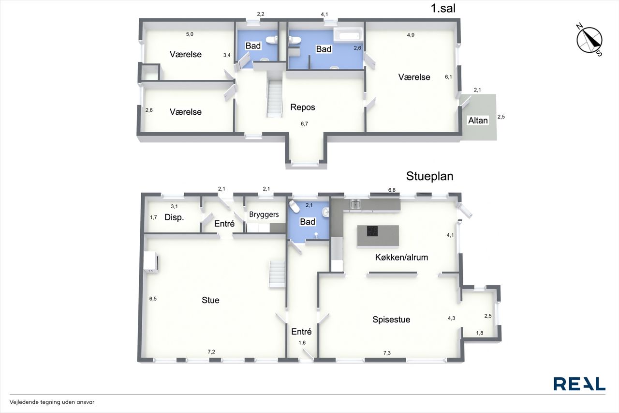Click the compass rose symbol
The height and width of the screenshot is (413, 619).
pos(589,40)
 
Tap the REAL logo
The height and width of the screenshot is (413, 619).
pos(579,384)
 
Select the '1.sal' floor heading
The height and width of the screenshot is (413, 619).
pos(443,8)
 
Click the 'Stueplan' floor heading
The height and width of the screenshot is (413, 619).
pos(430,176)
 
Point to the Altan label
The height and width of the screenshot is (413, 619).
pos(478,121)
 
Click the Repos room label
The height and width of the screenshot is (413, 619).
pos(303,107)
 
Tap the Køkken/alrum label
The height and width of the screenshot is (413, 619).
pos(401,257)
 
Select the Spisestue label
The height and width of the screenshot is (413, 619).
pos(391,320)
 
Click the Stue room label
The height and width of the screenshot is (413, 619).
pos(210,300)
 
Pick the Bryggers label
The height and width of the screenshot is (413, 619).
pos(264,214)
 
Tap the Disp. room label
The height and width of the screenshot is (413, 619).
pos(174,217)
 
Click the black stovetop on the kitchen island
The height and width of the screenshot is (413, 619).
pos(372,231)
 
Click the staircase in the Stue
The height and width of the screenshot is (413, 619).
pos(277,274)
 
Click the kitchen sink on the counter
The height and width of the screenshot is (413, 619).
pos(355,205)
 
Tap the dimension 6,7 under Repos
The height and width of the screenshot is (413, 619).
pos(304,124)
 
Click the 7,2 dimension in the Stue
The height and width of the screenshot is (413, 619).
pos(211,352)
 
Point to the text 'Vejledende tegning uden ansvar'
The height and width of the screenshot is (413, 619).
pos(52,402)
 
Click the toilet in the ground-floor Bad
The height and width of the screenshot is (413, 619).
pos(293,207)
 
